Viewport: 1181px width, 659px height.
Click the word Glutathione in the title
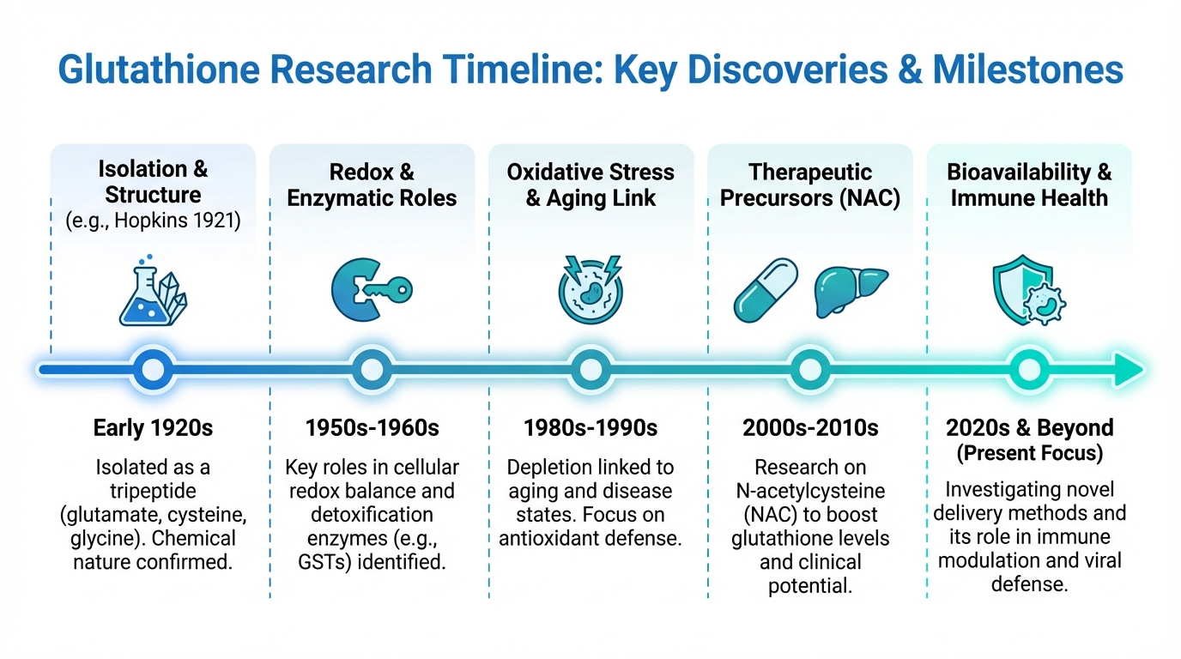pos(159,70)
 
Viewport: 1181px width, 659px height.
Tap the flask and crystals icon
pos(153,291)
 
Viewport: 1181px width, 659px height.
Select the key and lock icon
pos(372,290)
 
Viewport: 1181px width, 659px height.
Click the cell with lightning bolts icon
pos(590,289)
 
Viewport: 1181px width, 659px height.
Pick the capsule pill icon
pos(766,290)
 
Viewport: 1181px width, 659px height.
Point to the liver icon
pos(851,291)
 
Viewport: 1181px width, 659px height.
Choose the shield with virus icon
pos(1029,290)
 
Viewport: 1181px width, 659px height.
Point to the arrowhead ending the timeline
pos(1129,370)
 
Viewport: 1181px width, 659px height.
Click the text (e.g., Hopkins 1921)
pos(153,221)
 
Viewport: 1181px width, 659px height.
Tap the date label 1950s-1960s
pos(372,427)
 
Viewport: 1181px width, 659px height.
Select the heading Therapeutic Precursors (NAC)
pos(810,185)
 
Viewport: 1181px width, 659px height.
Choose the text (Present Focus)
pos(1030,453)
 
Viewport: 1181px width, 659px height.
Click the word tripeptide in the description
pos(153,491)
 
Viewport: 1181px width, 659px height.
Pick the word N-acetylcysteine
pos(810,491)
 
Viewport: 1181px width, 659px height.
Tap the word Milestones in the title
pos(1028,70)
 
